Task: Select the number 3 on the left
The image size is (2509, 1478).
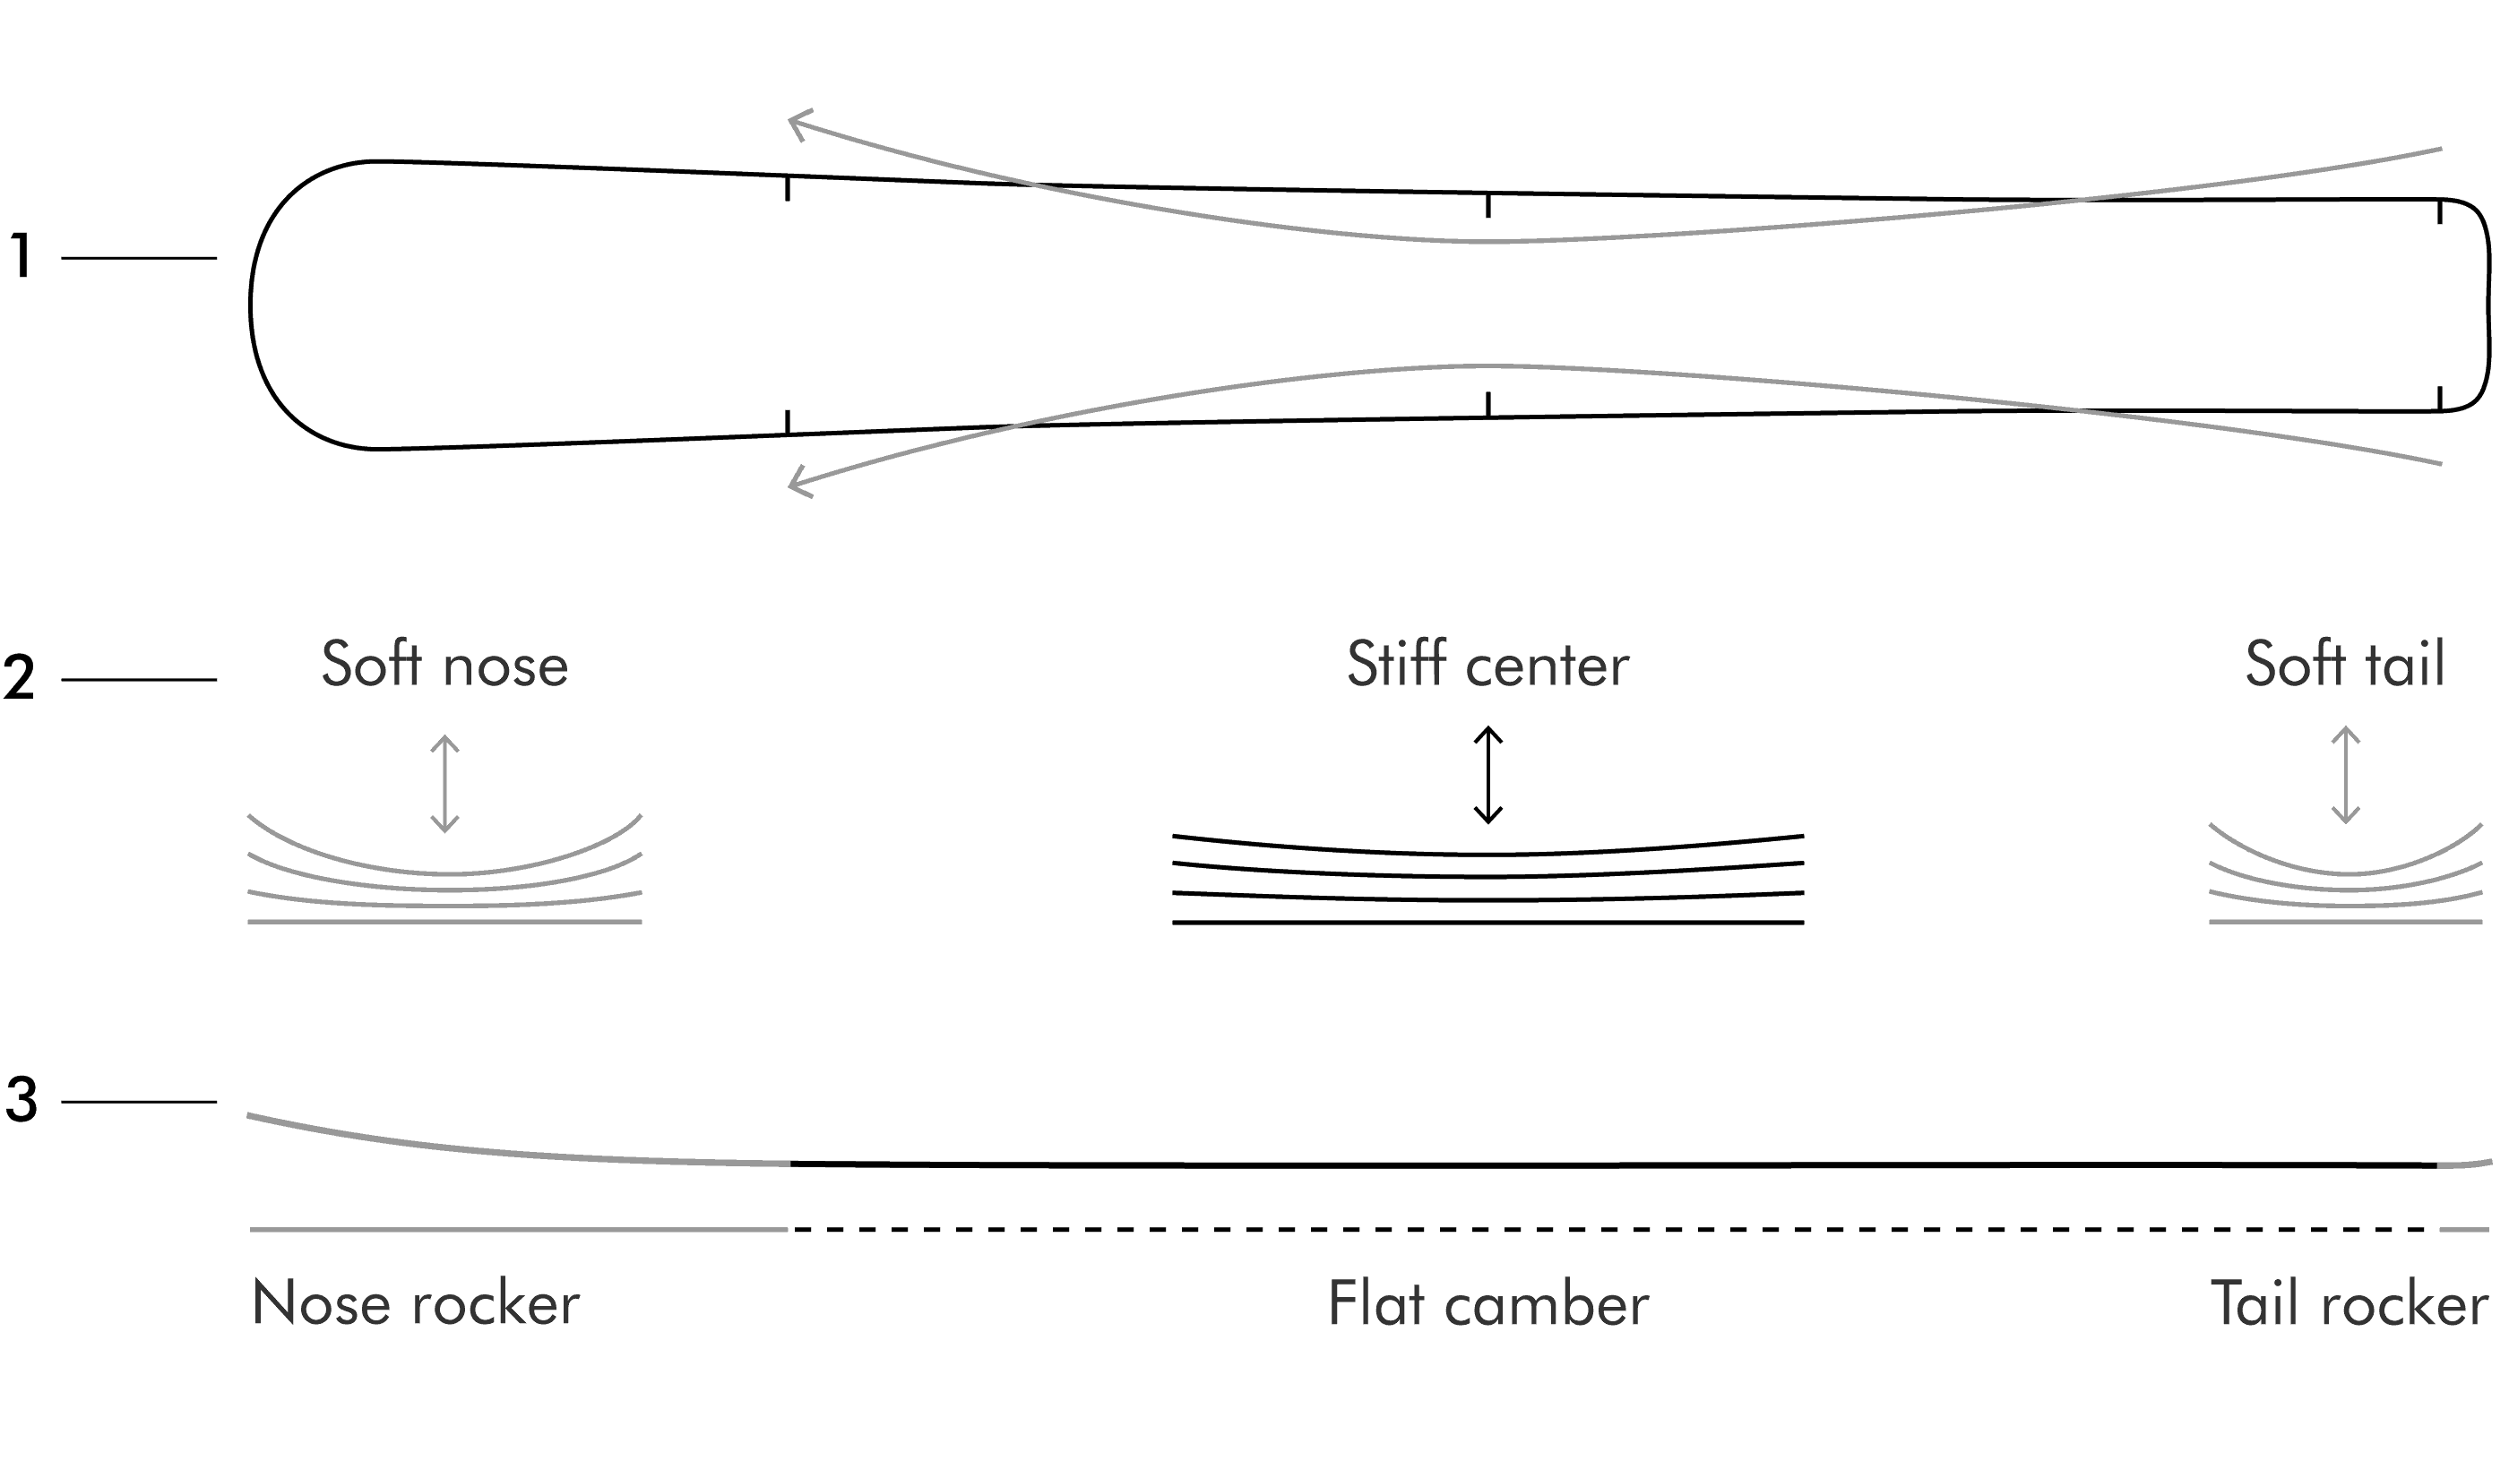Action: click(21, 1101)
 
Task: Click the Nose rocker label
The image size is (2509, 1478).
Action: click(416, 1302)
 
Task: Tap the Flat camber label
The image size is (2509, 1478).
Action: click(1488, 1302)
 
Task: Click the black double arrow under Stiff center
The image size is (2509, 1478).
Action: click(1488, 775)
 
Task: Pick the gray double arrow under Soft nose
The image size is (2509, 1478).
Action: click(444, 784)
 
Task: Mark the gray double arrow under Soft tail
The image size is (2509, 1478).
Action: click(2346, 775)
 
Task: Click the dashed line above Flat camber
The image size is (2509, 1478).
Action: click(1614, 1230)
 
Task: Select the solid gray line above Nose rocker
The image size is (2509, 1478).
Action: click(519, 1230)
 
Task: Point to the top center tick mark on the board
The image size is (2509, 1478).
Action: click(1488, 205)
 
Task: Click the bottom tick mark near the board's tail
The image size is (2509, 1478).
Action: click(2439, 399)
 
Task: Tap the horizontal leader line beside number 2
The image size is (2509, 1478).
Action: click(139, 680)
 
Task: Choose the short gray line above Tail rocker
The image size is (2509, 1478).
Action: click(2464, 1230)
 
